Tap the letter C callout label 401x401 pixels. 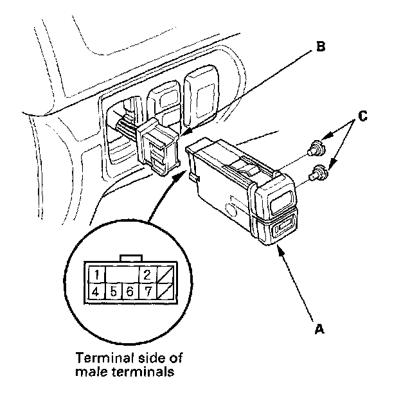(362, 116)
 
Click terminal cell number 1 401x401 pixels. (96, 276)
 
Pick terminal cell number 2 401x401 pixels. (147, 276)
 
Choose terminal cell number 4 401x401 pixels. (96, 291)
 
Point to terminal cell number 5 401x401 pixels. (112, 291)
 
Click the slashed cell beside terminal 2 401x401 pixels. (165, 276)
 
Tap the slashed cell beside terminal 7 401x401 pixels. (165, 291)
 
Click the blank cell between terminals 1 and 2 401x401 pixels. (121, 276)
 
